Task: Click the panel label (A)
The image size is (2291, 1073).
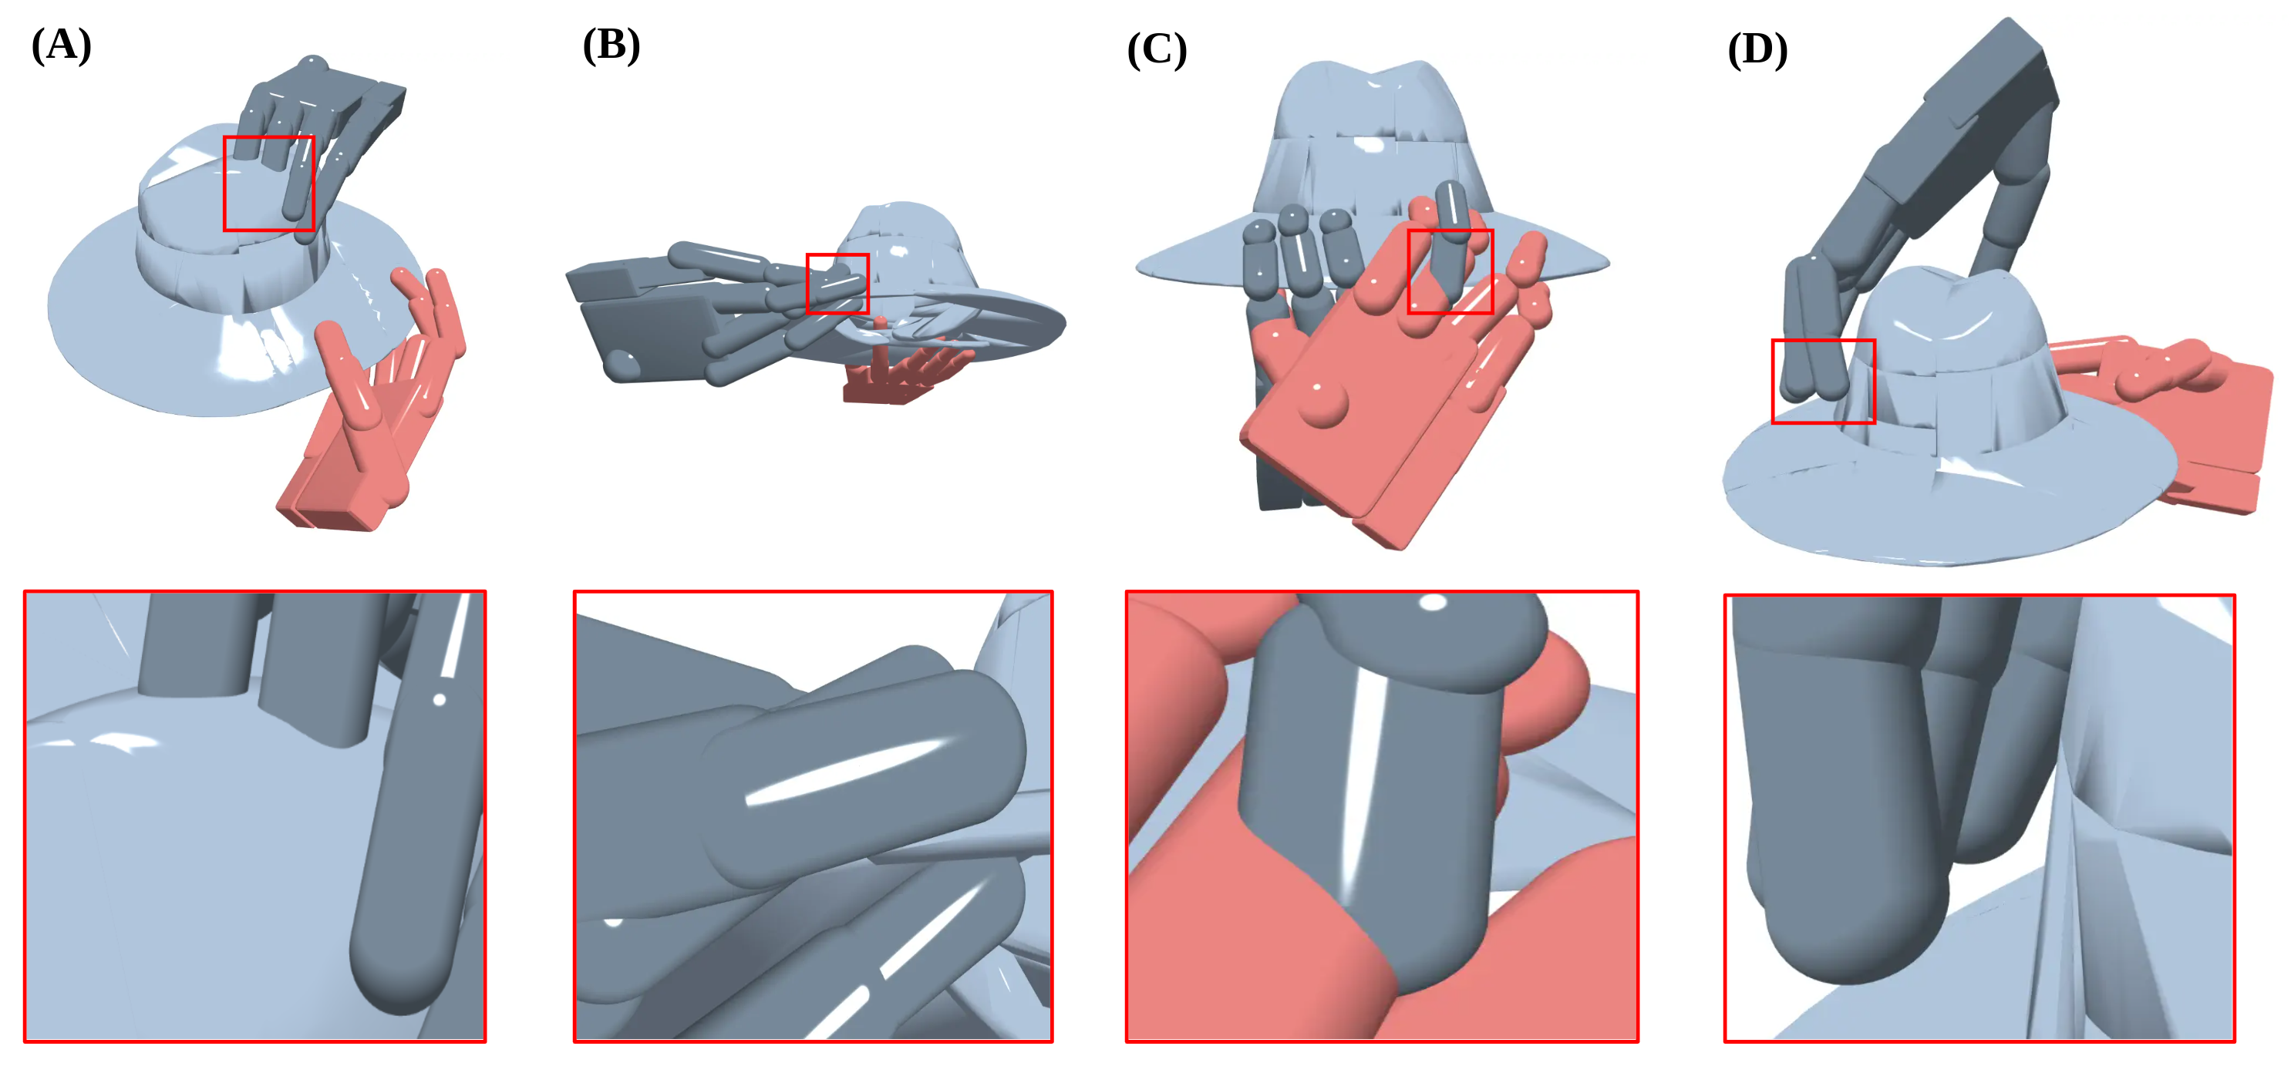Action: (62, 45)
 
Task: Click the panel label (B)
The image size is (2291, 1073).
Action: (611, 45)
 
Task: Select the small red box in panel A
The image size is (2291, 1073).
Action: (269, 183)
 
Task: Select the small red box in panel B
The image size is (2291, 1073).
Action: (837, 284)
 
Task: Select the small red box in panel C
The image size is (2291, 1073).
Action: (1450, 271)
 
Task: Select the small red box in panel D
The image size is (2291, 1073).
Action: (1823, 382)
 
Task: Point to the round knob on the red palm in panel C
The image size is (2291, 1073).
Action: (1322, 405)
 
